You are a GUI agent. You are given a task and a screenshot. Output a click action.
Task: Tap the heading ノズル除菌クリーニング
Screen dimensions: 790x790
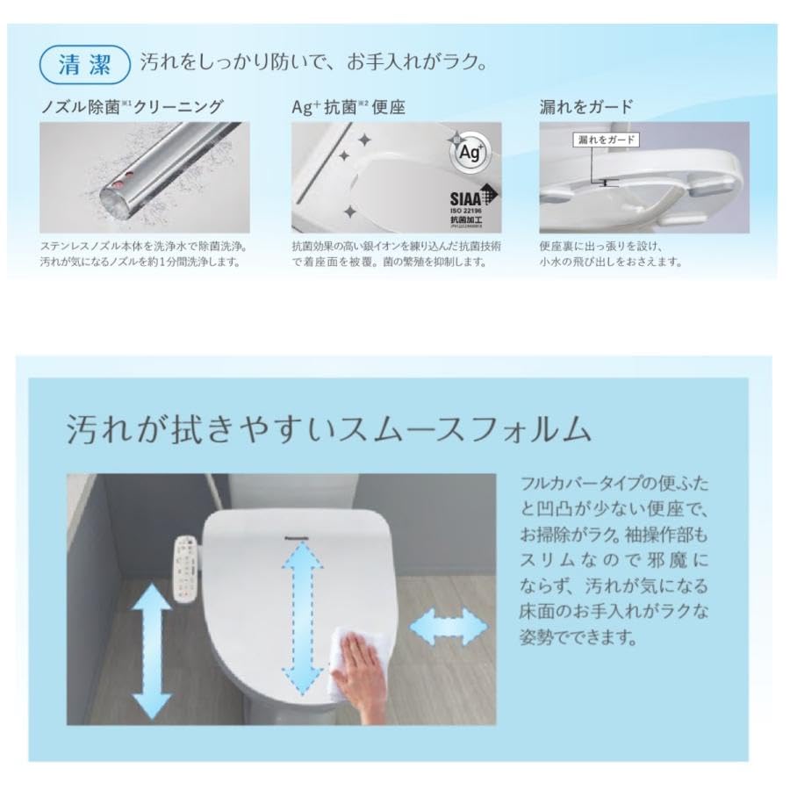133,107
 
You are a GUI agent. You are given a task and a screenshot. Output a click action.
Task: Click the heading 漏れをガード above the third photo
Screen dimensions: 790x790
585,107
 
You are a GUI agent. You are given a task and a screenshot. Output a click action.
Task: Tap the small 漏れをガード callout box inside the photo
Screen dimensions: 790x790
606,140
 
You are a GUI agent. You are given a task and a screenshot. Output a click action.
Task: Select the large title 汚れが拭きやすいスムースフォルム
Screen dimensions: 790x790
327,429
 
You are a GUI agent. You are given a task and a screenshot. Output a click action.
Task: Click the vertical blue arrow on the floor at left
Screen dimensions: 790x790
152,650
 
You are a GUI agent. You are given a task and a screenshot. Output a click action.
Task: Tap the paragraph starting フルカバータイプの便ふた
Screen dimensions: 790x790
614,560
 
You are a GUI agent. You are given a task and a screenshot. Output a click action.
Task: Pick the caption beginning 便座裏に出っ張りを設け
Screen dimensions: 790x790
610,255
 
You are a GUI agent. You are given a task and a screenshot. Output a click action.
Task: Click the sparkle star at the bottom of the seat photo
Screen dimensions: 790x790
349,212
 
